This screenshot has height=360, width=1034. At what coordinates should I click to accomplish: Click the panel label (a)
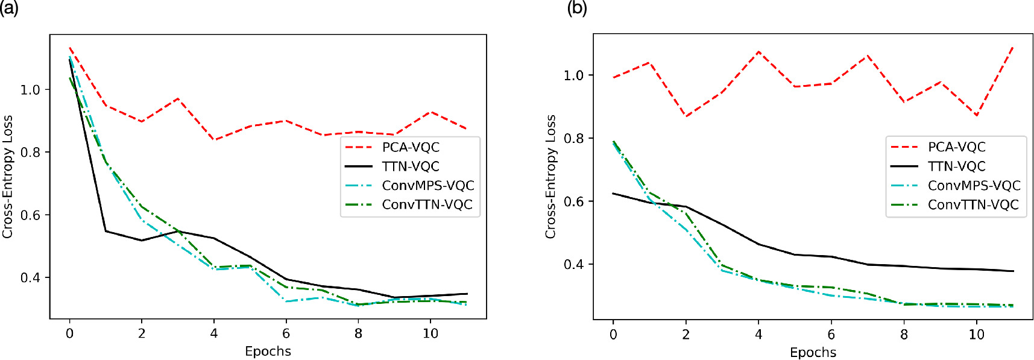tap(10, 8)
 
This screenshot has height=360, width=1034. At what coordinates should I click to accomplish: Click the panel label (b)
tap(577, 8)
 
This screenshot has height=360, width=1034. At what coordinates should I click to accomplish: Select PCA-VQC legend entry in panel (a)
tap(411, 147)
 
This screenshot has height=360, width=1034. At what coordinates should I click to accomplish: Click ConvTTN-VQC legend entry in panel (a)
tap(427, 204)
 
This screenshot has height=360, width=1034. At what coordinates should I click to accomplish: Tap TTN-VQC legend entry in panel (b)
tap(956, 166)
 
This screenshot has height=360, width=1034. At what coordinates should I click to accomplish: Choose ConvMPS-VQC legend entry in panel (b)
tap(974, 185)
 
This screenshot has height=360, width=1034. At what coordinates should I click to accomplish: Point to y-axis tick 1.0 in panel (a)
tap(30, 90)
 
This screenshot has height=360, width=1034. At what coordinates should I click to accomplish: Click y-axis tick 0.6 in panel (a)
tap(30, 215)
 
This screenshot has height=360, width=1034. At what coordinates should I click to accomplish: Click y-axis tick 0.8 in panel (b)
tap(573, 138)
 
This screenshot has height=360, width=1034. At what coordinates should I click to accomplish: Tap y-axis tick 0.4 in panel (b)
tap(573, 265)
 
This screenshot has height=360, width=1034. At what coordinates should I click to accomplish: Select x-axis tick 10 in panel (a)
tap(430, 333)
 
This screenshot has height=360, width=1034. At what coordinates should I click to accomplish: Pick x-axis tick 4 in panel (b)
tap(758, 335)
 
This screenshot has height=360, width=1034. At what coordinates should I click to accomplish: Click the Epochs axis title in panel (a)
tap(268, 351)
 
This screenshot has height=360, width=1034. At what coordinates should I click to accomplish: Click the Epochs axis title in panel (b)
tap(813, 352)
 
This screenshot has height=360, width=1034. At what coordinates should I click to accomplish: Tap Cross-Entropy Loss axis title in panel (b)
tap(550, 177)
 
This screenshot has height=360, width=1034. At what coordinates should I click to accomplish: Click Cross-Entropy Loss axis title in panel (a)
tap(7, 177)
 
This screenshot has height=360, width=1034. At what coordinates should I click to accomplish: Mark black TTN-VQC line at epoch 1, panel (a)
tap(106, 231)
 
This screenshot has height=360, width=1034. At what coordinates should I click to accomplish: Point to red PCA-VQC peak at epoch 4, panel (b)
tap(758, 52)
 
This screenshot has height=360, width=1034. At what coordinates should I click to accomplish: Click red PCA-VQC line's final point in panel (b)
tap(1012, 46)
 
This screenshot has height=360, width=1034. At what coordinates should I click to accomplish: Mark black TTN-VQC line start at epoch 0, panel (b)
tap(613, 194)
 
